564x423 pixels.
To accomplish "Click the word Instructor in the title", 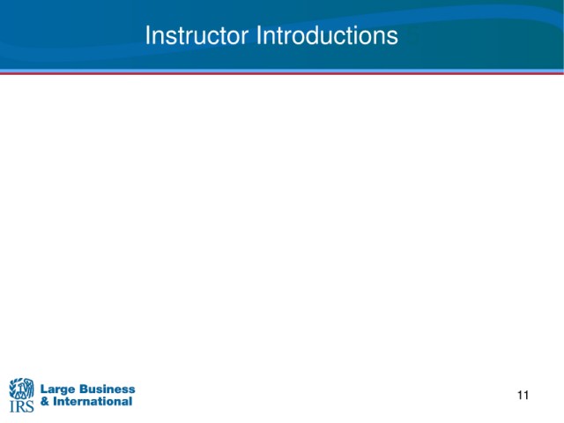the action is pos(197,35).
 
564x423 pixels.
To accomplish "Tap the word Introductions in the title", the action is pos(327,35).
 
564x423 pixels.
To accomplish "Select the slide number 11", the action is pos(523,396).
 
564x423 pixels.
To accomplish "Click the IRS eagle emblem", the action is pos(21,389).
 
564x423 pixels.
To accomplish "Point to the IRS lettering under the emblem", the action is pos(21,406).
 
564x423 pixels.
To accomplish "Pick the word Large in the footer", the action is pos(57,390).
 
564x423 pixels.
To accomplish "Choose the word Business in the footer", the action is pos(107,389).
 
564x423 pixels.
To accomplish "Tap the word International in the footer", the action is pos(93,402).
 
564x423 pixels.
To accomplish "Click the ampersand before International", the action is pos(45,402).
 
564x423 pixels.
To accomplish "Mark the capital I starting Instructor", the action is pos(147,35).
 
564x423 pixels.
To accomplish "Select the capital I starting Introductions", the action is pos(258,35).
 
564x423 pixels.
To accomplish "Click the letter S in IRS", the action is pos(29,406).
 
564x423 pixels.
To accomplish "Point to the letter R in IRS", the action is pos(19,406).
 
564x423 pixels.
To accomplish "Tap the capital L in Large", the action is pos(44,389).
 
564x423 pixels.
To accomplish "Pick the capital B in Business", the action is pos(83,389).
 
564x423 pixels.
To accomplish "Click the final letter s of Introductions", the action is pos(393,38).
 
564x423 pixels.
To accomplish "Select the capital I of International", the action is pos(56,402).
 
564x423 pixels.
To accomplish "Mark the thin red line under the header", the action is pos(282,73).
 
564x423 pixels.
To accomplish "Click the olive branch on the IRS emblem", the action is pos(12,388).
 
